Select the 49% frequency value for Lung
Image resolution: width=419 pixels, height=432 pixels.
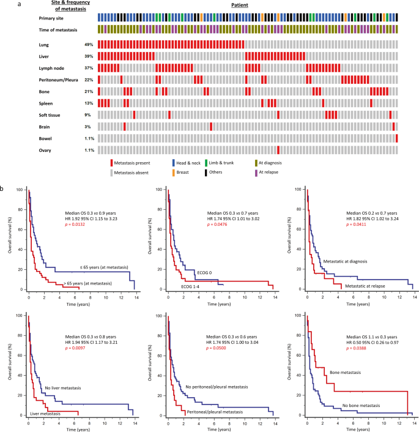(x=89, y=44)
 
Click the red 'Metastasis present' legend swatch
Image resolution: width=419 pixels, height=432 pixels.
(x=112, y=163)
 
